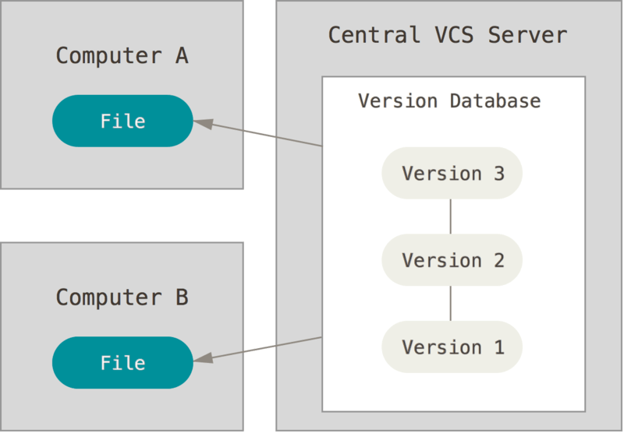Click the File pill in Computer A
[x=122, y=121]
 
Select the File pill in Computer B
[x=122, y=363]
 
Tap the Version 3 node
[x=452, y=173]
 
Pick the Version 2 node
[x=452, y=260]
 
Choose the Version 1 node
[x=452, y=347]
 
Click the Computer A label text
[x=122, y=56]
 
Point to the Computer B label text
[x=122, y=297]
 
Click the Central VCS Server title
[x=447, y=35]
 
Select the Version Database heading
[x=448, y=101]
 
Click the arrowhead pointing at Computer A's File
[x=202, y=123]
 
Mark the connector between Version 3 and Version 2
[x=451, y=216]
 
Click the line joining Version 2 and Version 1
[x=451, y=304]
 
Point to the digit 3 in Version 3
[x=498, y=173]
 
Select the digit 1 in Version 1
[x=498, y=347]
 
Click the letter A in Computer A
[x=181, y=56]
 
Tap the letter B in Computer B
[x=181, y=297]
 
